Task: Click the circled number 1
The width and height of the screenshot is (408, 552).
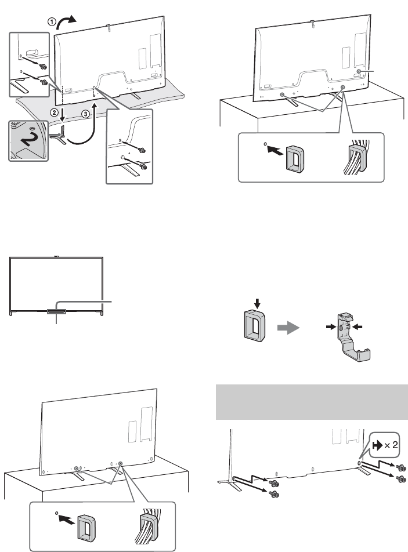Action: (x=51, y=22)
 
